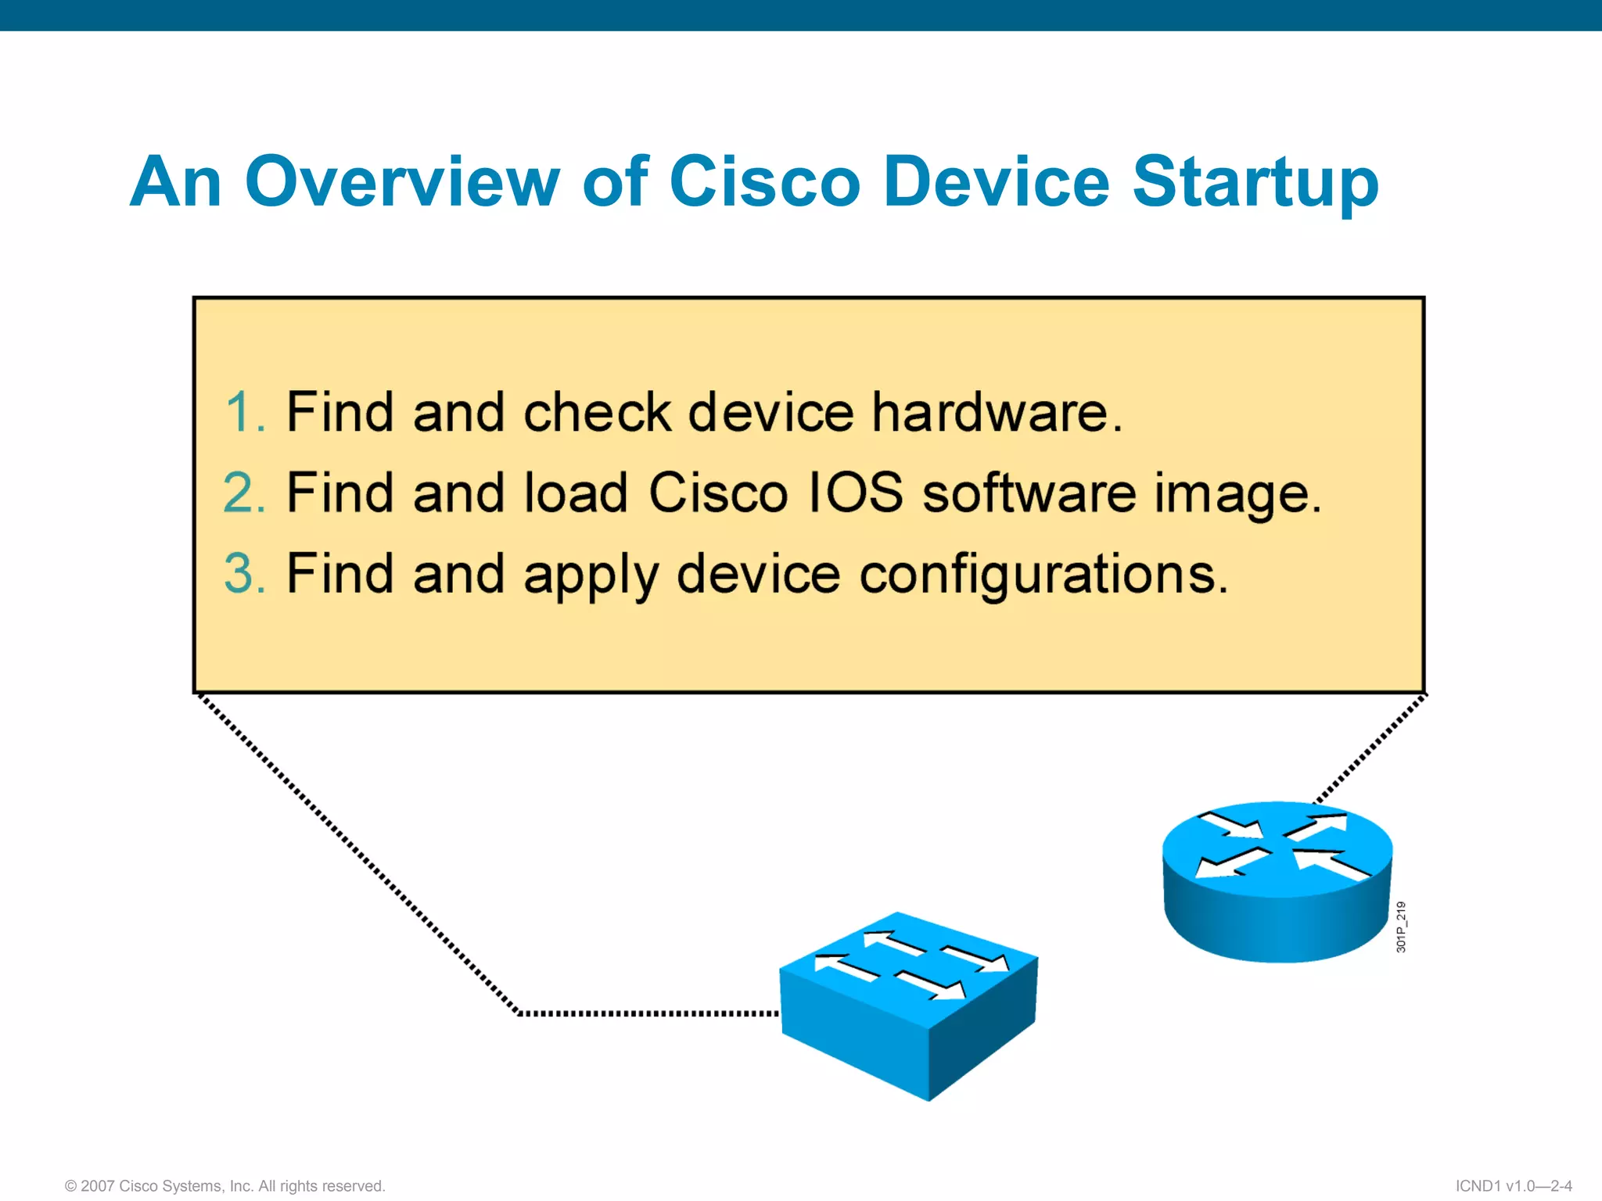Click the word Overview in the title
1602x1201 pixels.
[402, 181]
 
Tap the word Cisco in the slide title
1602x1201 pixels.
[764, 181]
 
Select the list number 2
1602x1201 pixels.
[244, 493]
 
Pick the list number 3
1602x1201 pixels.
[244, 573]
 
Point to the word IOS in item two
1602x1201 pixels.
[854, 493]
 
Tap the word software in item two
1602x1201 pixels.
[1029, 493]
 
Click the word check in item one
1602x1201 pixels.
[597, 411]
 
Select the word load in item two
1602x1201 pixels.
[575, 493]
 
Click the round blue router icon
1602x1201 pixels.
[1277, 884]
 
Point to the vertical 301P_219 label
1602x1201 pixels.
[1401, 927]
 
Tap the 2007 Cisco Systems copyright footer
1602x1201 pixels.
[225, 1185]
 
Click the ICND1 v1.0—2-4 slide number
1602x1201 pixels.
[1513, 1185]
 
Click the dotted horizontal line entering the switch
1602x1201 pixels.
[649, 1013]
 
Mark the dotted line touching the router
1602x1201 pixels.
[1369, 751]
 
